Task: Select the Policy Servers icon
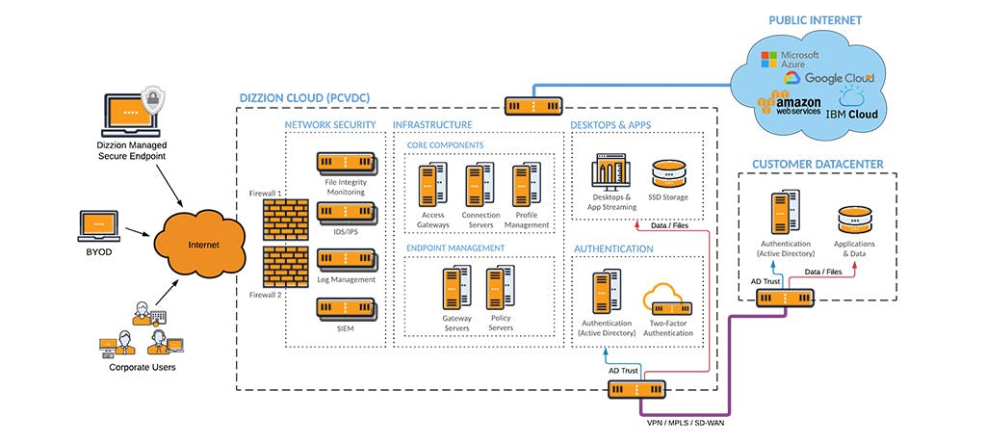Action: (500, 288)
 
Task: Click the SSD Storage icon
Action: (670, 173)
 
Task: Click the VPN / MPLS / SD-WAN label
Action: (685, 424)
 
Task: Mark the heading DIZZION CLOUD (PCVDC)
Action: (303, 98)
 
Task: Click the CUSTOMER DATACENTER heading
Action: (817, 165)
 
